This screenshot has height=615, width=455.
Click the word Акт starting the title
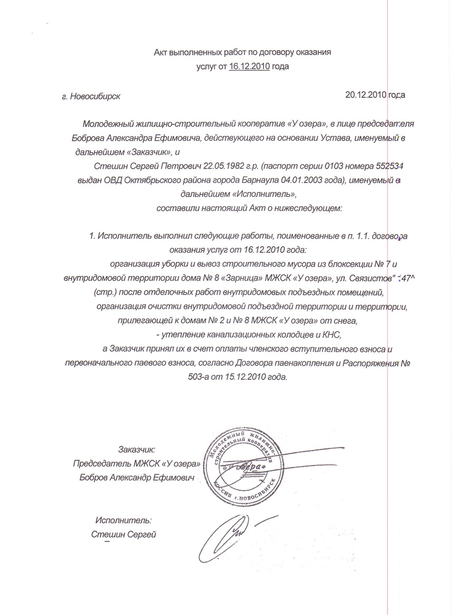[163, 52]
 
